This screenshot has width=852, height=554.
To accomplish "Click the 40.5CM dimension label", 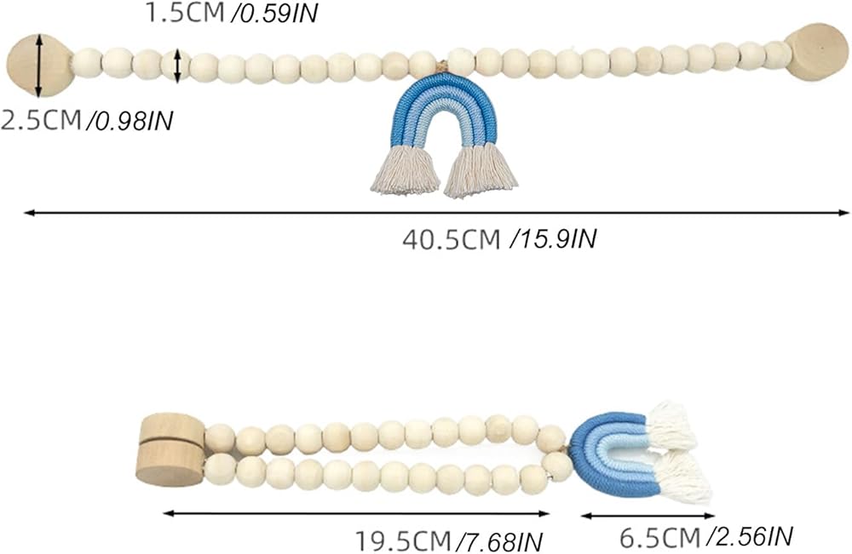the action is (x=451, y=239).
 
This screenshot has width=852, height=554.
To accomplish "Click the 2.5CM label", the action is (x=40, y=121).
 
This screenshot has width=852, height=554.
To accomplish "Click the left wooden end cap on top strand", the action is (x=38, y=65).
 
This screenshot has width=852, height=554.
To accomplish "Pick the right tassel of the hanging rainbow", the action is (x=481, y=170).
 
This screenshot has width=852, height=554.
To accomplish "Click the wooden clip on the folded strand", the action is (x=170, y=448).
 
